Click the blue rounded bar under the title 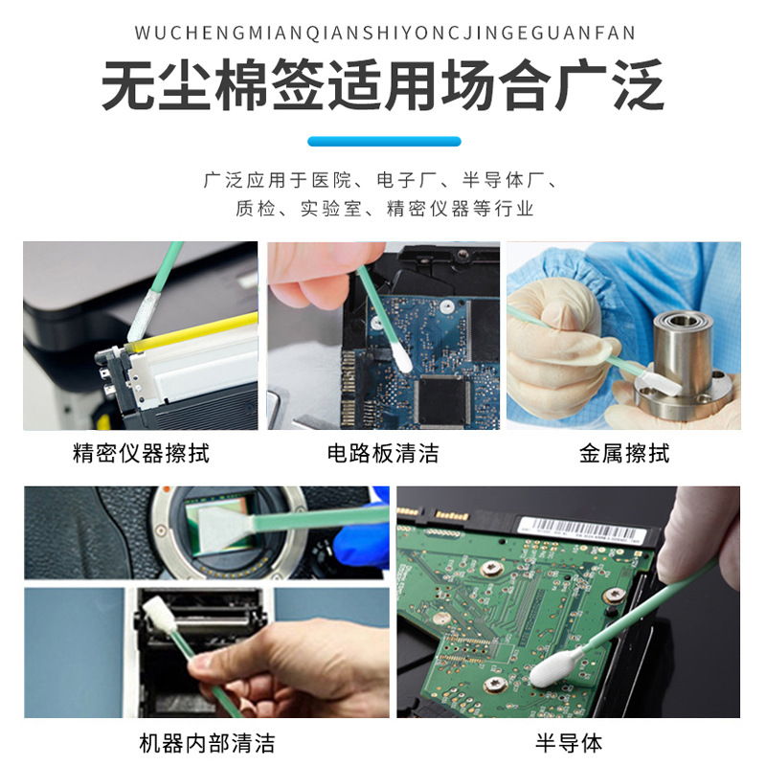click(x=383, y=142)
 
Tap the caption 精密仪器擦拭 click(x=141, y=453)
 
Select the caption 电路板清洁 click(x=383, y=453)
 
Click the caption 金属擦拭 click(x=623, y=453)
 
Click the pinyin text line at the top click(x=383, y=34)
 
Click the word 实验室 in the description click(x=325, y=209)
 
